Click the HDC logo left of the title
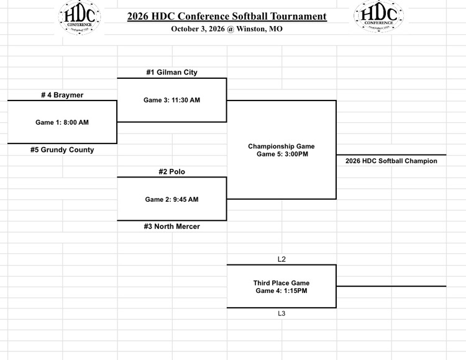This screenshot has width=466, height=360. click(80, 17)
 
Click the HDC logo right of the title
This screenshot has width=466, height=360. click(378, 16)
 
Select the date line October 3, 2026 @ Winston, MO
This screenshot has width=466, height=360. click(227, 29)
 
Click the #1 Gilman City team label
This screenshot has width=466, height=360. click(171, 72)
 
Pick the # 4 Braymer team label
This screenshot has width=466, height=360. click(62, 95)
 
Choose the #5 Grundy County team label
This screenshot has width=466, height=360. click(62, 150)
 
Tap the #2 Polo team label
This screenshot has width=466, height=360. click(171, 171)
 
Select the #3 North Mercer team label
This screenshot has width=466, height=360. click(171, 227)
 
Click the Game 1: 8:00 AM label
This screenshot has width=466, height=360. click(62, 122)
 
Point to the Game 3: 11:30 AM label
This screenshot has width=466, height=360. click(171, 100)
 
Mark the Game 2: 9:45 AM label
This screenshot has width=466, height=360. click(171, 199)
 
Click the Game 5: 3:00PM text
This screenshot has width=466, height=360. click(282, 154)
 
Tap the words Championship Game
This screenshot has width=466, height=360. click(281, 146)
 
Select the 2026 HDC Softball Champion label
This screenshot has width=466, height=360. click(391, 161)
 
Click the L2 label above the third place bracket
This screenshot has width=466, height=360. click(281, 259)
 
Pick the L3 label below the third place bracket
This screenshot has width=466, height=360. click(281, 313)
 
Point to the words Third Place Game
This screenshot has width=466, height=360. click(281, 283)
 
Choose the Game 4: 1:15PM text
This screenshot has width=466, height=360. click(281, 290)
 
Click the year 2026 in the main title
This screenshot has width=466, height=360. click(138, 16)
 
